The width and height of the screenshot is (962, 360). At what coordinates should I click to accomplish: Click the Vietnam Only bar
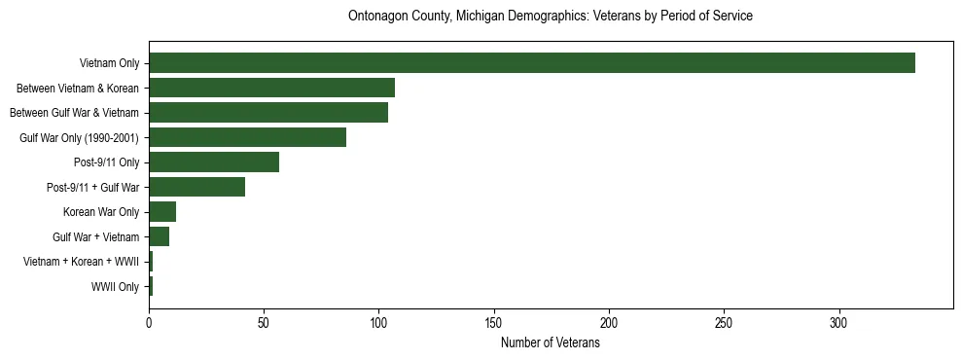531,63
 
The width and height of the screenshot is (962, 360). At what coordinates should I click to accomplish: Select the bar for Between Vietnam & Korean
271,88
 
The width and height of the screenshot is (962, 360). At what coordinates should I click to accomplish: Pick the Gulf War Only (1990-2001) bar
247,137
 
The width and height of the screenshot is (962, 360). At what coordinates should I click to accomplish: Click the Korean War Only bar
162,212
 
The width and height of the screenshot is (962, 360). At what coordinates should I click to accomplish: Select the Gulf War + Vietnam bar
159,236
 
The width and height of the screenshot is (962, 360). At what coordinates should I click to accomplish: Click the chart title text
551,17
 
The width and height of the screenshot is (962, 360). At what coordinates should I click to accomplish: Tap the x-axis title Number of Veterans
551,343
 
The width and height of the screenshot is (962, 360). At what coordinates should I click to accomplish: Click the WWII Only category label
115,287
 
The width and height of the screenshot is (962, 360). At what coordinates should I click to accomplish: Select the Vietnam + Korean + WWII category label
81,262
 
